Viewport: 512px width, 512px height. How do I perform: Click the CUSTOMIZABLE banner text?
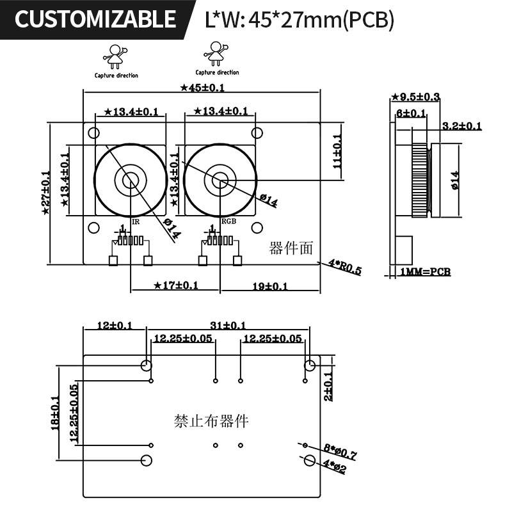click(95, 19)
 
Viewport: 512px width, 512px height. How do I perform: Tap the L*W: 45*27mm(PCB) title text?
click(299, 20)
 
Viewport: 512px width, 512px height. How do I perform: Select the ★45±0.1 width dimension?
click(202, 88)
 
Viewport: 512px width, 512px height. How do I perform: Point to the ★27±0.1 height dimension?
click(46, 193)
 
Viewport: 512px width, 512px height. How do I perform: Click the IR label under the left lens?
click(135, 221)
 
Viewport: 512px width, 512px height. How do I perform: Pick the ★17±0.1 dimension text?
click(176, 285)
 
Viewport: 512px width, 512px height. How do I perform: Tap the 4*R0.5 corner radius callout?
click(345, 267)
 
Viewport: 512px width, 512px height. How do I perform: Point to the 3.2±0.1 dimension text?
click(461, 126)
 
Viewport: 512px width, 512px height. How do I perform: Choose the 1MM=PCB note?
click(425, 272)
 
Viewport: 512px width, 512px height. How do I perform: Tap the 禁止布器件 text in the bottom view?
click(211, 421)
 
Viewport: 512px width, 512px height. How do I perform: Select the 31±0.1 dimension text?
click(228, 326)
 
